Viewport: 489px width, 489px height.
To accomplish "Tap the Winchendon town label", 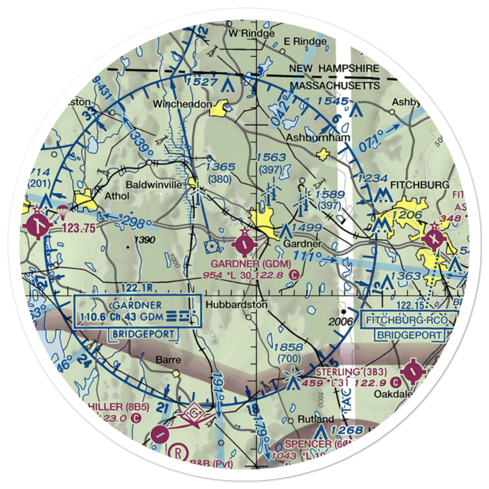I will [182, 104].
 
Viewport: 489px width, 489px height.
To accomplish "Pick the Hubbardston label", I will [237, 305].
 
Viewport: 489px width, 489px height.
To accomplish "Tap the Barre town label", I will [168, 360].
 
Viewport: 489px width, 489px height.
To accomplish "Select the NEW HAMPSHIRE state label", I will [334, 69].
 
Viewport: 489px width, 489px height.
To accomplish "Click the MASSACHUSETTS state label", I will [335, 86].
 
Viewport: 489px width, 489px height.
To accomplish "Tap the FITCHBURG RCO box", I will [410, 321].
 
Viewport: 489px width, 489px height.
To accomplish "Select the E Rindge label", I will [305, 42].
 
